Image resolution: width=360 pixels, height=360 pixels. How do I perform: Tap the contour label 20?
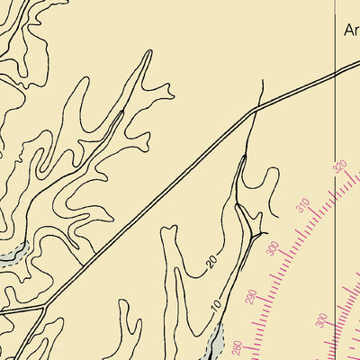pyautogui.click(x=211, y=262)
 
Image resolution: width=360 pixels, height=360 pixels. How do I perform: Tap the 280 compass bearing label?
pyautogui.click(x=237, y=350)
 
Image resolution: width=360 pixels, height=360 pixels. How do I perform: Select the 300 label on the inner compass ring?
pyautogui.click(x=321, y=322)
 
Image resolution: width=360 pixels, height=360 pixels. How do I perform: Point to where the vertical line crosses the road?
pyautogui.click(x=337, y=72)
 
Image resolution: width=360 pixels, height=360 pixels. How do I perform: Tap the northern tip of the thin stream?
pyautogui.click(x=261, y=81)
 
